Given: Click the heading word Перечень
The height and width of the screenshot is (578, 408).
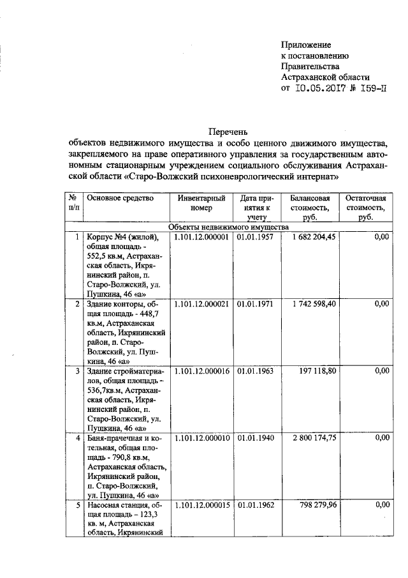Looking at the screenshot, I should click(x=227, y=131).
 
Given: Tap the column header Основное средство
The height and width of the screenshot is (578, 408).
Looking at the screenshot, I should click(x=120, y=198).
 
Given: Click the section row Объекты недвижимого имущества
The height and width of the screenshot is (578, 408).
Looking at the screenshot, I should click(x=229, y=227).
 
